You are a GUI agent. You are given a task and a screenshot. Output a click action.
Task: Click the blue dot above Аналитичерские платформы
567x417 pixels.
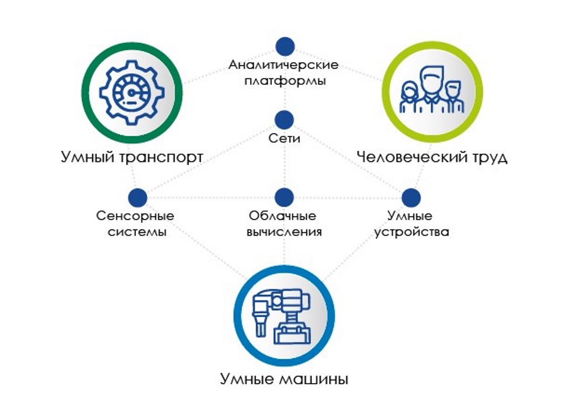285,47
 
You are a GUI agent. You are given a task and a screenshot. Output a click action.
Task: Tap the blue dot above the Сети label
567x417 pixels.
284,120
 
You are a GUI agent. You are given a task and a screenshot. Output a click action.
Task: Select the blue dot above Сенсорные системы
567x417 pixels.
137,197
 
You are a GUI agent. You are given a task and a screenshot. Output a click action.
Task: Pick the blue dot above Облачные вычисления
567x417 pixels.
284,197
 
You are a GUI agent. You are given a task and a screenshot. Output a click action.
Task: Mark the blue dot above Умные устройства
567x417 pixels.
411,197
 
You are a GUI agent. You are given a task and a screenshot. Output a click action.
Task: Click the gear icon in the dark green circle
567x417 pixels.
132,93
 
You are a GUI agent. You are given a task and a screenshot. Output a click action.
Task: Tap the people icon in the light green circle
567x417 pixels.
432,90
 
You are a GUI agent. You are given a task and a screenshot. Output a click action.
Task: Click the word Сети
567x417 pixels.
284,138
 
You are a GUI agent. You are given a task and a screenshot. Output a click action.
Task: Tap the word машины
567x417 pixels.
314,379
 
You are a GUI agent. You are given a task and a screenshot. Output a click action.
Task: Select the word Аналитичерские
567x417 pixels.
284,65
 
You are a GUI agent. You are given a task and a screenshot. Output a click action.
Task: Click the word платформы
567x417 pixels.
285,81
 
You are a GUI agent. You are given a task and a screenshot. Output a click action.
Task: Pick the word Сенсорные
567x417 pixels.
135,216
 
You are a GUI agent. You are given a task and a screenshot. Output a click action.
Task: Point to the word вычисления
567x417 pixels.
284,232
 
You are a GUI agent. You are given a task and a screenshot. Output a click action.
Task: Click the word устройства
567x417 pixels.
411,232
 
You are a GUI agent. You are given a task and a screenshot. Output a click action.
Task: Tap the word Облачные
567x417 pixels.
282,216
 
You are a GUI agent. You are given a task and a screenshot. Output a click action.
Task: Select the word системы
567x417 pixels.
137,232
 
